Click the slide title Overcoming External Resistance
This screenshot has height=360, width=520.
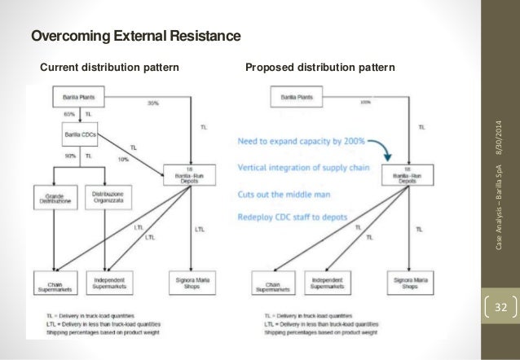tap(136, 37)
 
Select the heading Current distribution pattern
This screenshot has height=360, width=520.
tap(110, 67)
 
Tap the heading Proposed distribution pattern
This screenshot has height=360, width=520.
tap(320, 67)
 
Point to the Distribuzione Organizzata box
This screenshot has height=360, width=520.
tap(107, 197)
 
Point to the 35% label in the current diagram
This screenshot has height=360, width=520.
tap(153, 104)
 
